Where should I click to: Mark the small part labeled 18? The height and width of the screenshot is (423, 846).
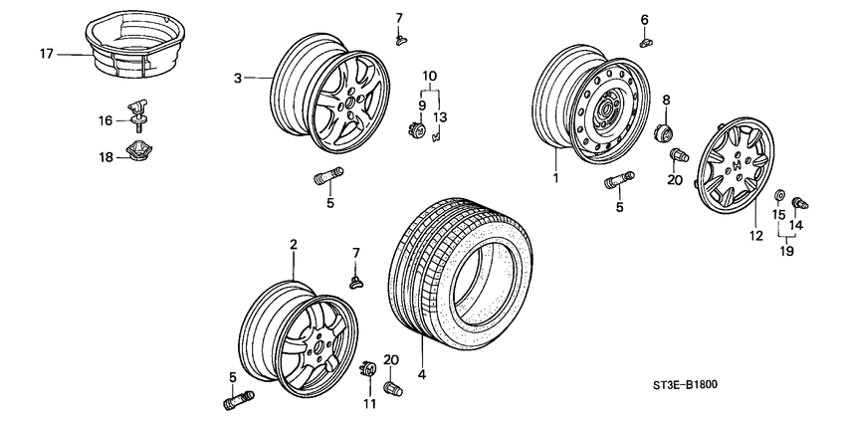coord(136,152)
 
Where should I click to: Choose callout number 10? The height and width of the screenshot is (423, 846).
coord(429,77)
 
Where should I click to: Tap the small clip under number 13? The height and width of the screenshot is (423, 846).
coord(436,135)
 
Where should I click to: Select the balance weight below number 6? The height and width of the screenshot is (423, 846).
coord(647,41)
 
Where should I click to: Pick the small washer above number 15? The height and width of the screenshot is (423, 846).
coord(779,194)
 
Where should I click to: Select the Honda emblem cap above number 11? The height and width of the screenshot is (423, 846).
coord(365,369)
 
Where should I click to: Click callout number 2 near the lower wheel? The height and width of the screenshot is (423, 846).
coord(294,244)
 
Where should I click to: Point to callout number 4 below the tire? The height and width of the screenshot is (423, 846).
coord(423,375)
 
